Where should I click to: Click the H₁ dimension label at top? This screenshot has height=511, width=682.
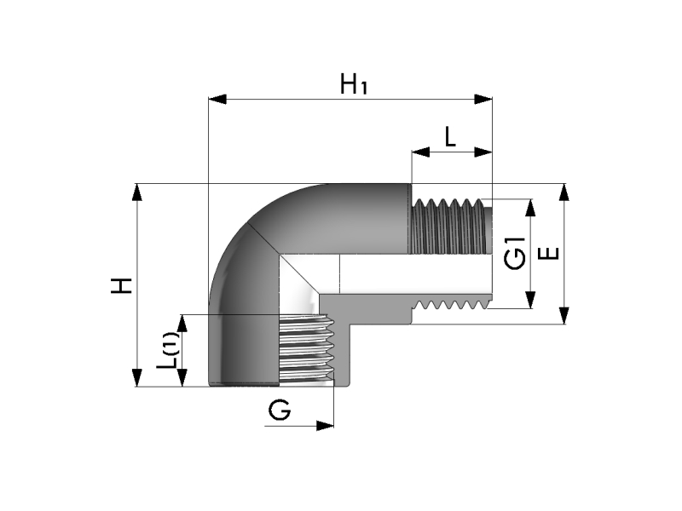click(354, 83)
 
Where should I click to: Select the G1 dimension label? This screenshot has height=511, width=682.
click(515, 253)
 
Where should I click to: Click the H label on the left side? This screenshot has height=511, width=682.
click(121, 285)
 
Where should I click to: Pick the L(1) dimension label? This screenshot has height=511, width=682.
click(167, 351)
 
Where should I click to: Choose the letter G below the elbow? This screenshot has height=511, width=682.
click(280, 410)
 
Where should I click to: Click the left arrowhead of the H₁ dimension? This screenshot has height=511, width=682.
click(217, 100)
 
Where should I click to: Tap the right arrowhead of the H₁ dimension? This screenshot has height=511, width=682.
click(483, 100)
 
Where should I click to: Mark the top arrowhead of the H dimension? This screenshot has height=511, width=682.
click(137, 192)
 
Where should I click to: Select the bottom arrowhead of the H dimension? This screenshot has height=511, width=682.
click(137, 377)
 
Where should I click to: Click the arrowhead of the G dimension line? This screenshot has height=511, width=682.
click(325, 426)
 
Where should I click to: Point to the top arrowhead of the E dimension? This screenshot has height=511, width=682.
click(564, 192)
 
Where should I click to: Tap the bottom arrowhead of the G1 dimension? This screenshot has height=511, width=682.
click(530, 300)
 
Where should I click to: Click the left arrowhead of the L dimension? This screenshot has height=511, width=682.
click(420, 152)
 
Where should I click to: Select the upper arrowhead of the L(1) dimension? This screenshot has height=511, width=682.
click(182, 324)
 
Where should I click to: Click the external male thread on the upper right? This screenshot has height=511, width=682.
click(448, 226)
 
